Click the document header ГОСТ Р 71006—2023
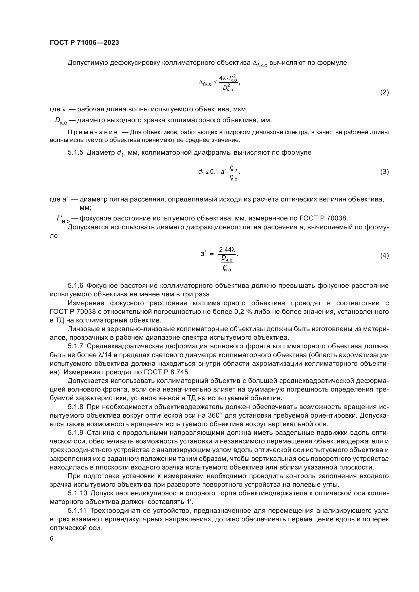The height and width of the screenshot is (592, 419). [x=84, y=43]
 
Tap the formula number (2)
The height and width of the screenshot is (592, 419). [x=385, y=92]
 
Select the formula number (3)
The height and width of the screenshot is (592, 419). [x=385, y=172]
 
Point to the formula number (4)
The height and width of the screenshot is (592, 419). [x=385, y=256]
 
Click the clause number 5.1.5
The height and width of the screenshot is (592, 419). [x=75, y=153]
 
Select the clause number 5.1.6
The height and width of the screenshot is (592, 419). [x=75, y=286]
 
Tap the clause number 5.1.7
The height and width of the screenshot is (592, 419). [x=75, y=346]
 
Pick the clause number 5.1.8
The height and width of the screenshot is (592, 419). [x=75, y=407]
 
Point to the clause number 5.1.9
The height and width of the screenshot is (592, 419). [x=75, y=433]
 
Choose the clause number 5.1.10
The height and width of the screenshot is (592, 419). [x=78, y=494]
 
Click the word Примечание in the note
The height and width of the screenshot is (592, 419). [x=93, y=133]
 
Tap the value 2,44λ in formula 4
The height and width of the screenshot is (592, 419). [x=227, y=250]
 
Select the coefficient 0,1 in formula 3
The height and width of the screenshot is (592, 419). [x=214, y=172]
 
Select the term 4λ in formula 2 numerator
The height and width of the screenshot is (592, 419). [x=222, y=78]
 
